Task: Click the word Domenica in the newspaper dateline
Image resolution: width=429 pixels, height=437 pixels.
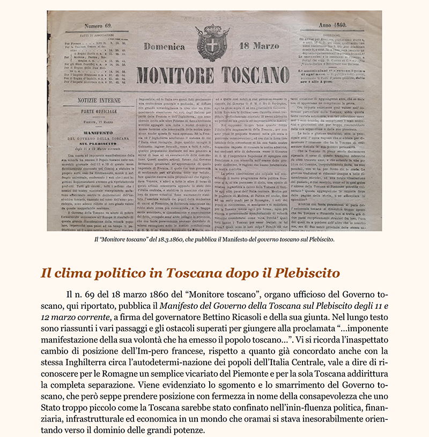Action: click(x=164, y=47)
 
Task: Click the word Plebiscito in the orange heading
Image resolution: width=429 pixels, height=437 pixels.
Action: click(x=308, y=272)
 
